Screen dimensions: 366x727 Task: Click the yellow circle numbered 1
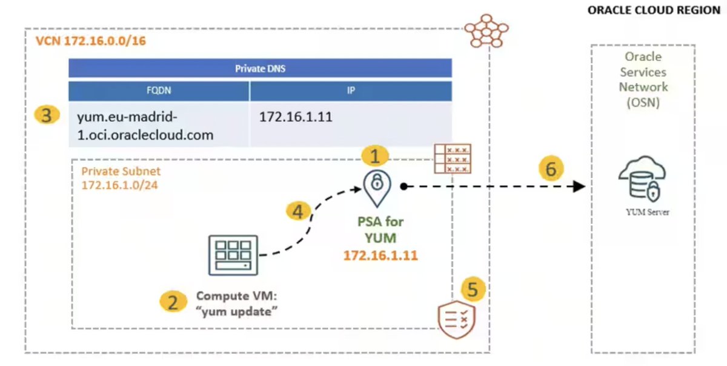[375, 157]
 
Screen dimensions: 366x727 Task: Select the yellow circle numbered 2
[173, 302]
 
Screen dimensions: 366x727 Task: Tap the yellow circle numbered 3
[47, 115]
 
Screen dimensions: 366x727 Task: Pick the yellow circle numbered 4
[297, 211]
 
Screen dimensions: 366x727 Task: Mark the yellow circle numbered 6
[550, 169]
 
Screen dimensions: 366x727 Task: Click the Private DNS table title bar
[260, 68]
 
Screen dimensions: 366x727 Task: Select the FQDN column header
[159, 91]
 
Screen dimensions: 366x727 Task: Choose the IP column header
[351, 91]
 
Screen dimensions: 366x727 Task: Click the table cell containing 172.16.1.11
[351, 124]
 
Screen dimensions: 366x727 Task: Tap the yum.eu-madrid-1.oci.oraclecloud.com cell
[159, 124]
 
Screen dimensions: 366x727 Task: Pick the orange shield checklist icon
[456, 319]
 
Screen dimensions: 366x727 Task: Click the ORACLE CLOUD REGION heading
[654, 11]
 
